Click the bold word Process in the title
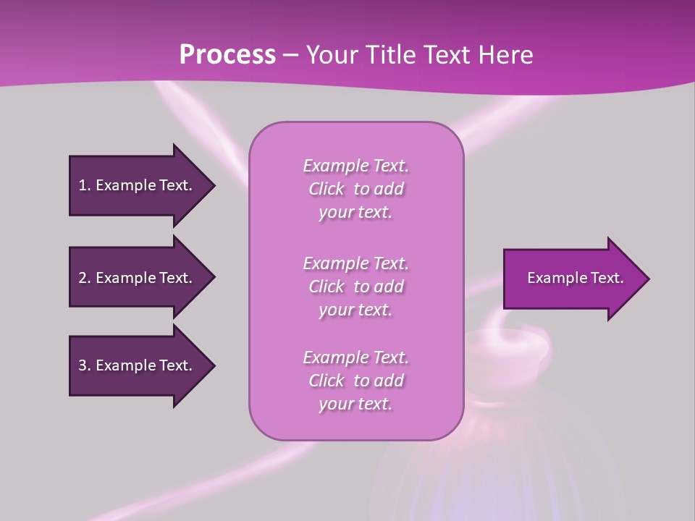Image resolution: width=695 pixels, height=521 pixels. [227, 55]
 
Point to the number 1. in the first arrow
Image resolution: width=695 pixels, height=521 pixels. [85, 185]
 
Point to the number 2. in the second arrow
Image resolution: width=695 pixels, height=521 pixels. [85, 278]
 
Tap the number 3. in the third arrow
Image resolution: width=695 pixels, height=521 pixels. [85, 365]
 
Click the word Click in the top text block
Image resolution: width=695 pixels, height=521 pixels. [327, 189]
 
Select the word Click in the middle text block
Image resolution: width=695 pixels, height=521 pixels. [327, 287]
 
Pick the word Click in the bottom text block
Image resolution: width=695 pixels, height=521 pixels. [327, 381]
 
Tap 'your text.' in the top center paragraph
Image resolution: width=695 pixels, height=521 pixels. [355, 213]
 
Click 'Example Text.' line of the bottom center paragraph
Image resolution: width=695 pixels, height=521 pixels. [355, 357]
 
